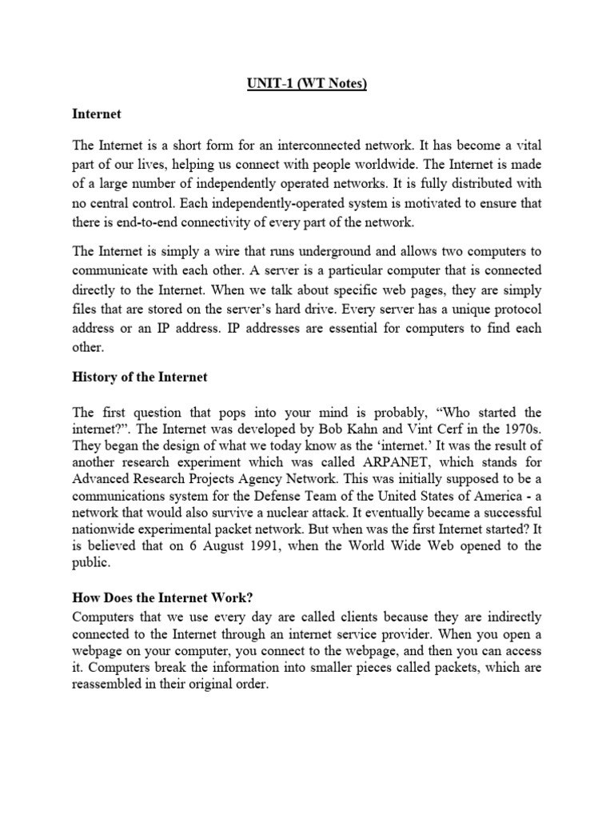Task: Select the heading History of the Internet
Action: pos(139,378)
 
